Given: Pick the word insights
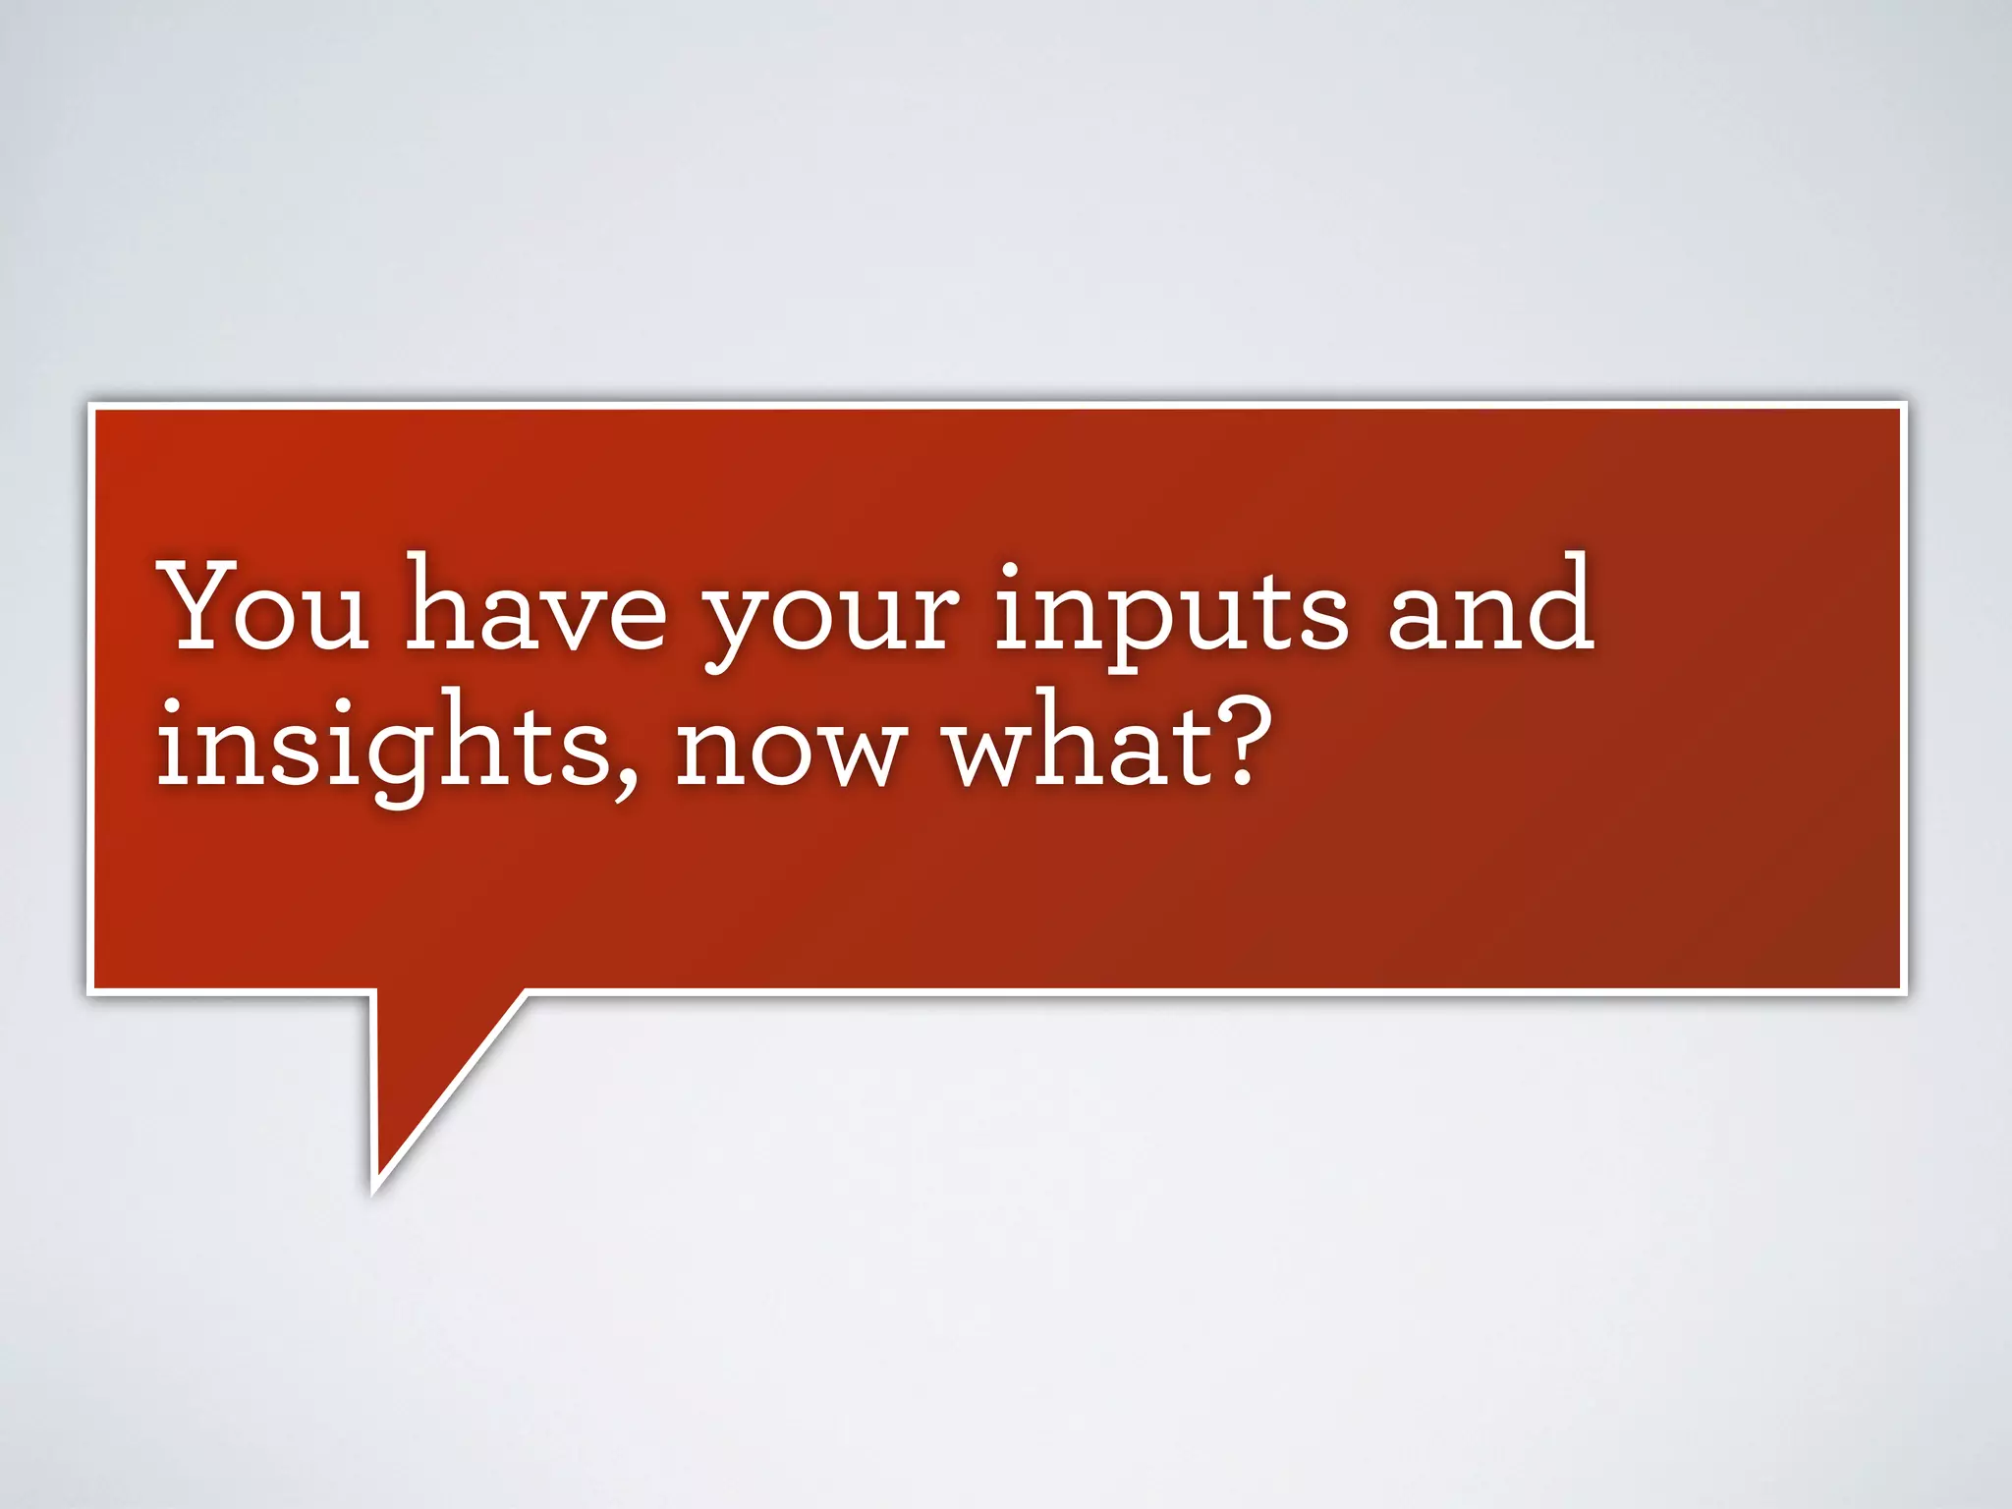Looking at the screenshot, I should (383, 749).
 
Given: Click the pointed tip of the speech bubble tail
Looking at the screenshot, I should (374, 1191).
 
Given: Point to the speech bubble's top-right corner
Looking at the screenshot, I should (1904, 405).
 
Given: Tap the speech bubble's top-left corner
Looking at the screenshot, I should (90, 405).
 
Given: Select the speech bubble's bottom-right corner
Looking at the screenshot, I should (1904, 992).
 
